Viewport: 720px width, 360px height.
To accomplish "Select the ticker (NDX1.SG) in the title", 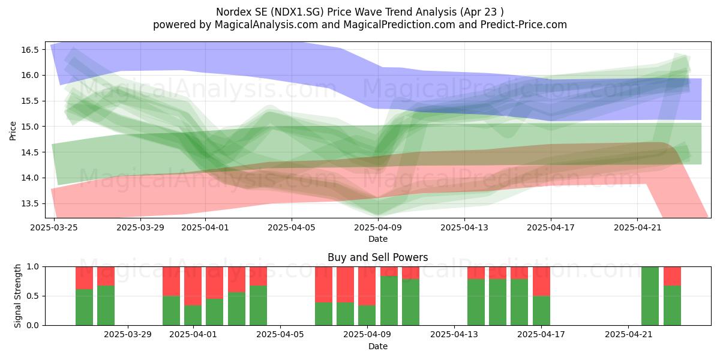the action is click(x=297, y=12).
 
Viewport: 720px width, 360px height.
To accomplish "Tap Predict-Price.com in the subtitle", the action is click(x=524, y=25).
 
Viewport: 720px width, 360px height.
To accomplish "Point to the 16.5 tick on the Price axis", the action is click(x=30, y=50).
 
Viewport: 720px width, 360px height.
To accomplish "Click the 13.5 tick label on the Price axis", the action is click(x=30, y=204).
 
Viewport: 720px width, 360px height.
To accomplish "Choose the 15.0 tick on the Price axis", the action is click(x=30, y=127).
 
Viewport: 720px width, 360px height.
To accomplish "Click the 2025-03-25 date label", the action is click(x=54, y=227).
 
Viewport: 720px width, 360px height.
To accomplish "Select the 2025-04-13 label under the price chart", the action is click(x=464, y=227).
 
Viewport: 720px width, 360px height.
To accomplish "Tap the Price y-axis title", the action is click(x=13, y=131).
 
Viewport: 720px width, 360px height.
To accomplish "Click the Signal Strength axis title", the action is click(x=17, y=296).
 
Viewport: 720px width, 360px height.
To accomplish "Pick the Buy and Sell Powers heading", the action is click(x=377, y=257).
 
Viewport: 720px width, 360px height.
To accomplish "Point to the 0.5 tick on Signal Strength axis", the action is click(x=34, y=296).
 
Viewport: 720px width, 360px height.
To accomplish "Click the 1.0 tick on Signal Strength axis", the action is click(x=34, y=267).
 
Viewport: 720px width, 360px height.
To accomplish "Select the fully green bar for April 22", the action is click(x=650, y=296).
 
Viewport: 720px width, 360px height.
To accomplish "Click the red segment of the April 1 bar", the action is click(x=193, y=286).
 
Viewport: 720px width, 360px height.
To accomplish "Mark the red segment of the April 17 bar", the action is click(x=541, y=281).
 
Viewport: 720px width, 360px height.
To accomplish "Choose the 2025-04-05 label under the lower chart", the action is click(x=280, y=335).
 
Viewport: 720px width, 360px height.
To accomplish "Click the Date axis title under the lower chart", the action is click(x=377, y=346).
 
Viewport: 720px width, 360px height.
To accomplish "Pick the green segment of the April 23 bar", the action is click(x=672, y=305).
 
